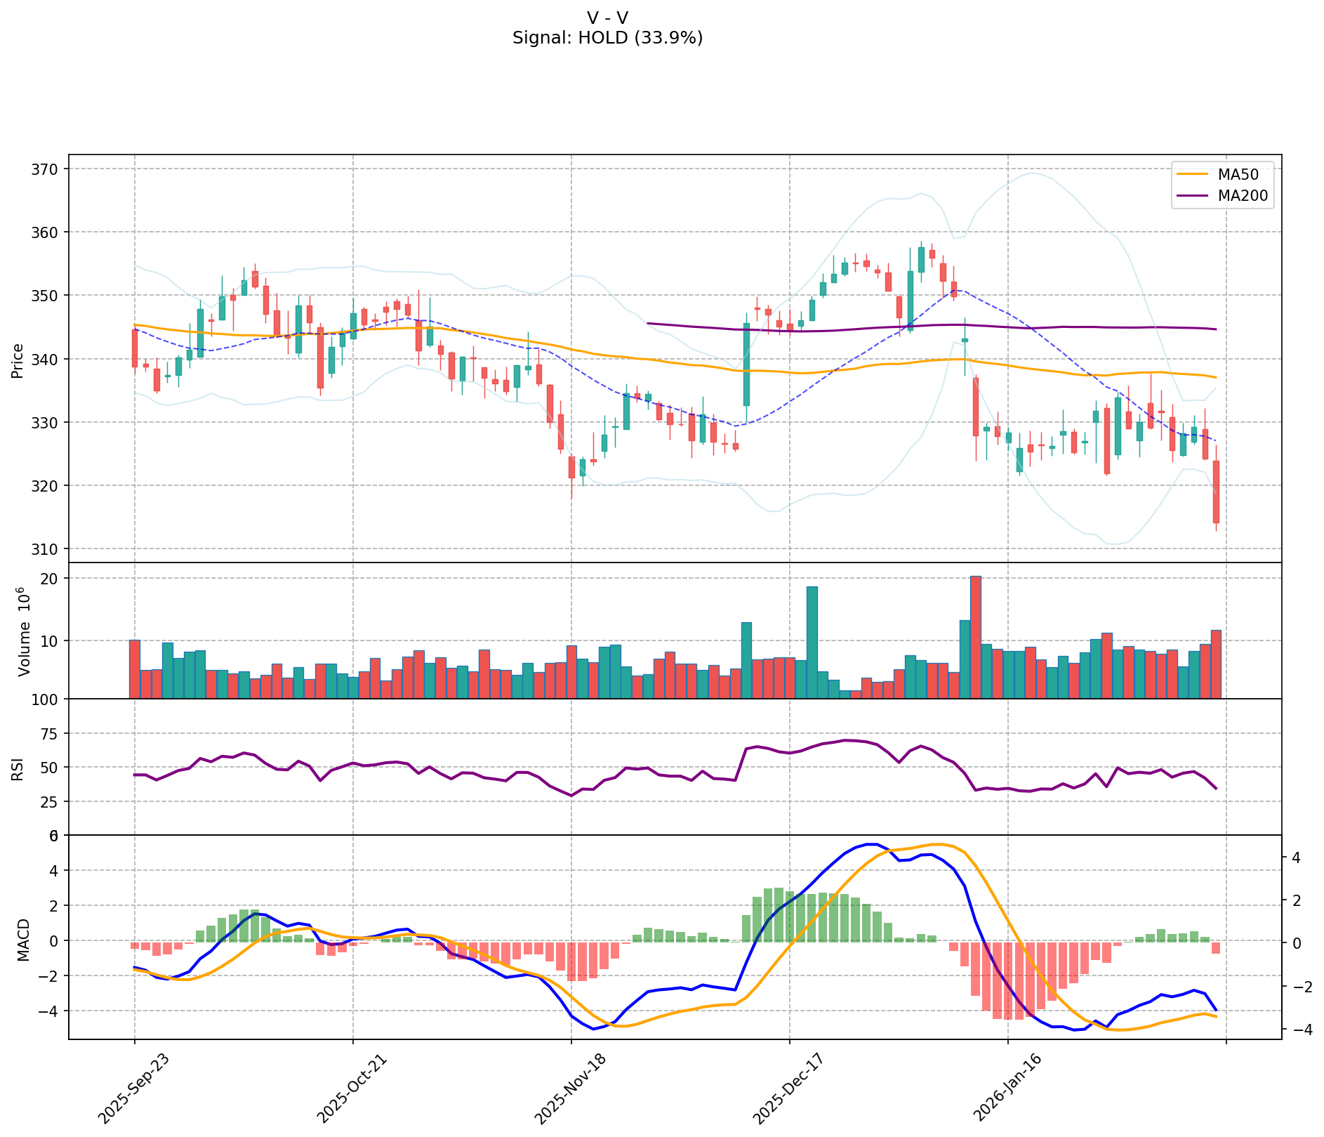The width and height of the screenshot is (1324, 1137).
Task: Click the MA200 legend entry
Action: (x=1242, y=196)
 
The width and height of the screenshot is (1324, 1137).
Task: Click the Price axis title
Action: (x=18, y=360)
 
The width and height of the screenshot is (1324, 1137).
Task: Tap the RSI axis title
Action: (x=18, y=768)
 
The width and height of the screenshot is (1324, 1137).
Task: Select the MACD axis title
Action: (x=24, y=940)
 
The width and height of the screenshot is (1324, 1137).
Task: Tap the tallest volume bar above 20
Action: (x=976, y=636)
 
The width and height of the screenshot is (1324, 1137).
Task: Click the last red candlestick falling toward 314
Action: (x=1216, y=492)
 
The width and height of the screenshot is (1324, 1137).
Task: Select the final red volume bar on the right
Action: (x=1216, y=664)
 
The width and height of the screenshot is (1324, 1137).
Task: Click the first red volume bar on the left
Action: (x=135, y=669)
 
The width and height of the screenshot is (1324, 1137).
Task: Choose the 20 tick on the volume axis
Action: (x=51, y=579)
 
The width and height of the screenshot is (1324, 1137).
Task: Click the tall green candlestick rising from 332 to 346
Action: (x=746, y=364)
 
